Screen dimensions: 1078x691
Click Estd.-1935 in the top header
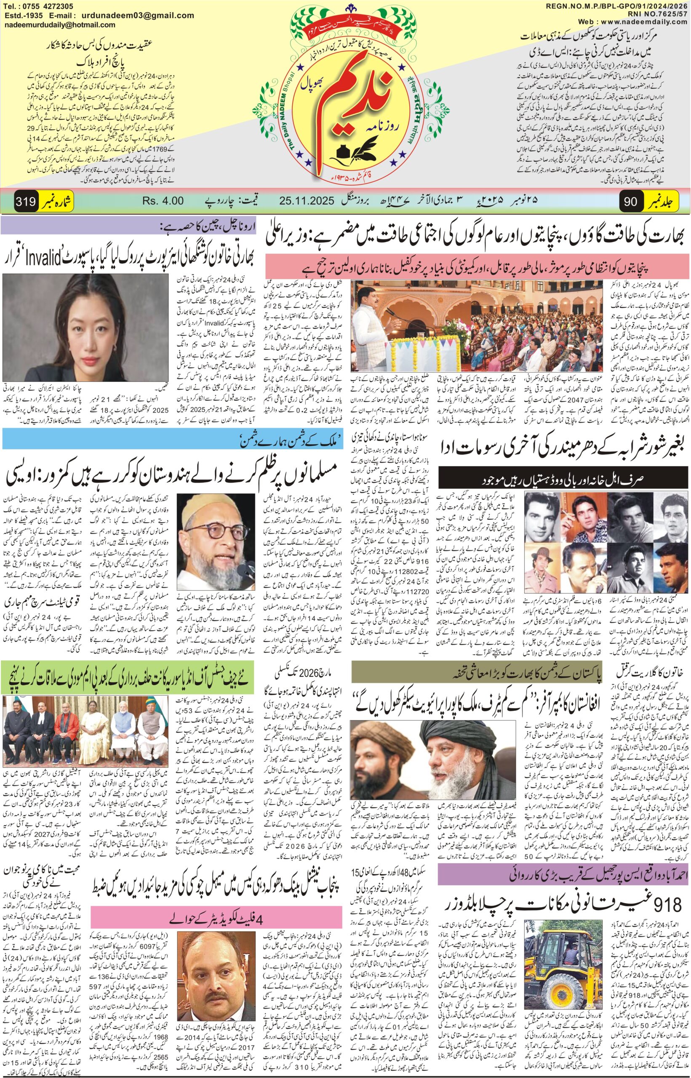(21, 16)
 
